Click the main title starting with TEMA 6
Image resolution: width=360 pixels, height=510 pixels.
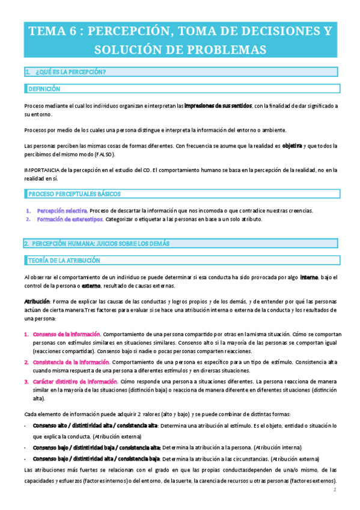[x=180, y=40]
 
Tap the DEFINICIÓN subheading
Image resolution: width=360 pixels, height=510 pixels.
[x=44, y=88]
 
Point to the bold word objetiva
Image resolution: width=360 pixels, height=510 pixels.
[x=292, y=146]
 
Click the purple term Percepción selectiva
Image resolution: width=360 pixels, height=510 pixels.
[x=62, y=210]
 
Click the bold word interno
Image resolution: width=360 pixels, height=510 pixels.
[x=309, y=277]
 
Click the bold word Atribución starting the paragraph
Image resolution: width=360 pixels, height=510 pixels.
[x=37, y=301]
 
